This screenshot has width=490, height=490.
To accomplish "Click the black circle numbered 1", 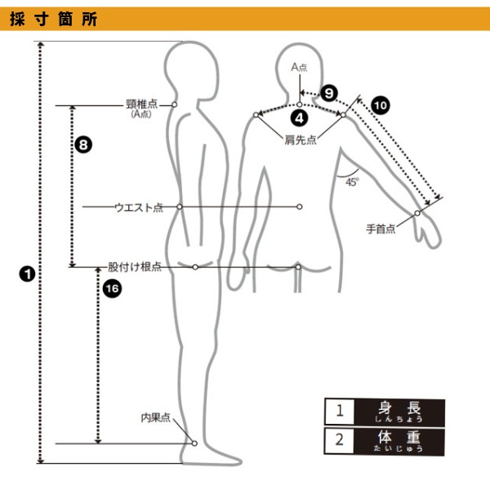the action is [x=27, y=274].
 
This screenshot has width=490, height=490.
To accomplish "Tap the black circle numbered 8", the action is [x=83, y=145].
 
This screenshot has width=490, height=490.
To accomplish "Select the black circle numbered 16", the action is [x=112, y=288].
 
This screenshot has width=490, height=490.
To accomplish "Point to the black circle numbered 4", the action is [x=300, y=118].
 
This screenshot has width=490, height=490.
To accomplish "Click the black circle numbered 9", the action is [x=329, y=93].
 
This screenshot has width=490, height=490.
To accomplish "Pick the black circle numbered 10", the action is [x=381, y=105].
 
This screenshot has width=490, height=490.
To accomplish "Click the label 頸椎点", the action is [x=141, y=104].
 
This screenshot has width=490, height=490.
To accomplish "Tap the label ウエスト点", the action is [x=139, y=207].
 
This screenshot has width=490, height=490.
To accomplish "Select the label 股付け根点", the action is [x=135, y=267].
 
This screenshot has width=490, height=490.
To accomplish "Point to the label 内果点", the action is [x=156, y=417].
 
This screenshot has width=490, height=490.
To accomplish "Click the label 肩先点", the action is [x=301, y=140].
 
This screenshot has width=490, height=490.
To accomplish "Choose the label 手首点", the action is [x=381, y=229].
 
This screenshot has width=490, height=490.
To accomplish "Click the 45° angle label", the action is [x=352, y=182].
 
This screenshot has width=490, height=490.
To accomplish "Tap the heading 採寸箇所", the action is [x=53, y=19].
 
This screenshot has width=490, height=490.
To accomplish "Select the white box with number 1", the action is [x=340, y=411].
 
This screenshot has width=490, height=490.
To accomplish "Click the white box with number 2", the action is [x=340, y=441].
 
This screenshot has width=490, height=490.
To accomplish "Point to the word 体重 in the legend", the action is [x=399, y=437].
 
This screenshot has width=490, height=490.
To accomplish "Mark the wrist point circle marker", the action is [x=417, y=213].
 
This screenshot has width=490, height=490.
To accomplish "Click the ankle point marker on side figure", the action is [x=194, y=443].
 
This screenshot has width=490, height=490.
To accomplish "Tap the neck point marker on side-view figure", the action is [x=175, y=105].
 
